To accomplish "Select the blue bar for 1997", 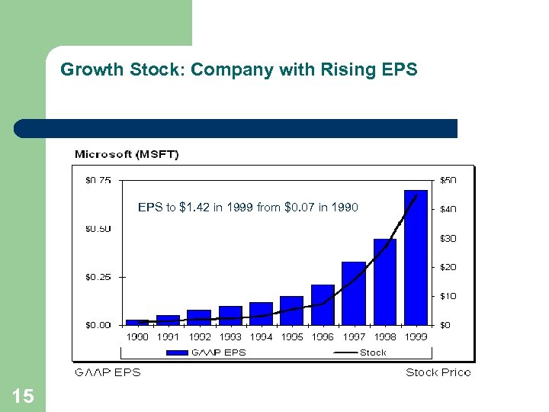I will tap(354, 293).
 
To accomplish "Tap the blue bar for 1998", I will tap(385, 282).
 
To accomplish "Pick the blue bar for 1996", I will tap(323, 304).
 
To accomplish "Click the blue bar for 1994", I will tap(261, 314).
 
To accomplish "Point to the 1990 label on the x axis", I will tap(137, 336).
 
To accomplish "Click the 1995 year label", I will tap(292, 336).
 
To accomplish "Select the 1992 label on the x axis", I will tap(199, 336).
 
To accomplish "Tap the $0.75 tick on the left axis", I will tap(97, 181).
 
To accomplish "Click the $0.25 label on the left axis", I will tap(97, 277).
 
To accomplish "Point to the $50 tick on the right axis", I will tap(448, 181).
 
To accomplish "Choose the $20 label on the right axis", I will tap(448, 267).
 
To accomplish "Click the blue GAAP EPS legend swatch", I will tap(177, 352).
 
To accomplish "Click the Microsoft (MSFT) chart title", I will tap(127, 155).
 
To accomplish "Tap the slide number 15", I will tap(23, 395).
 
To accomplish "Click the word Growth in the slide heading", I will tap(85, 70).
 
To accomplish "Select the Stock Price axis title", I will tap(438, 372).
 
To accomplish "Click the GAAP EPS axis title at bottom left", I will tap(108, 372).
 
